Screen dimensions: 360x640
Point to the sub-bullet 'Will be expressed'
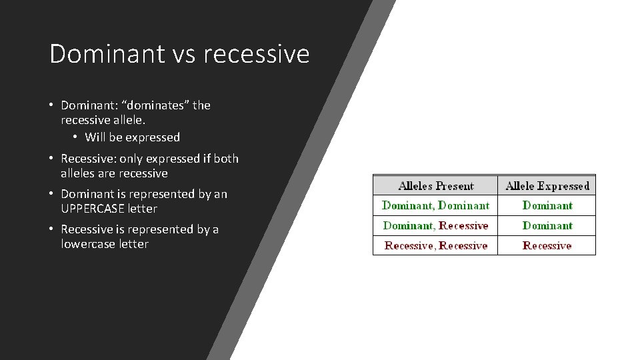click(x=133, y=137)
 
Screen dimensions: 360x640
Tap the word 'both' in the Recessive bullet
click(x=227, y=159)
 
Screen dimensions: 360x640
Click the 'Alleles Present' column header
click(x=435, y=186)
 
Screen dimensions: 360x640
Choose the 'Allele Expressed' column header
click(x=547, y=186)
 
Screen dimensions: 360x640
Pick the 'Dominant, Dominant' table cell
click(x=435, y=205)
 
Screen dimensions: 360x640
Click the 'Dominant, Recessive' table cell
click(x=435, y=225)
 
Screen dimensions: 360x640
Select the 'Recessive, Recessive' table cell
click(x=435, y=245)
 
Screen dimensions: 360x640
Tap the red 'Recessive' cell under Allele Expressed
click(x=547, y=245)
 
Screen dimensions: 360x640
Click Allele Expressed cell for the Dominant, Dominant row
click(x=547, y=205)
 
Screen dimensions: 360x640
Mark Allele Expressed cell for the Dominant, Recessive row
click(x=547, y=225)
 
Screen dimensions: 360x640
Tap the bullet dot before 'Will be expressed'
click(x=76, y=137)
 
